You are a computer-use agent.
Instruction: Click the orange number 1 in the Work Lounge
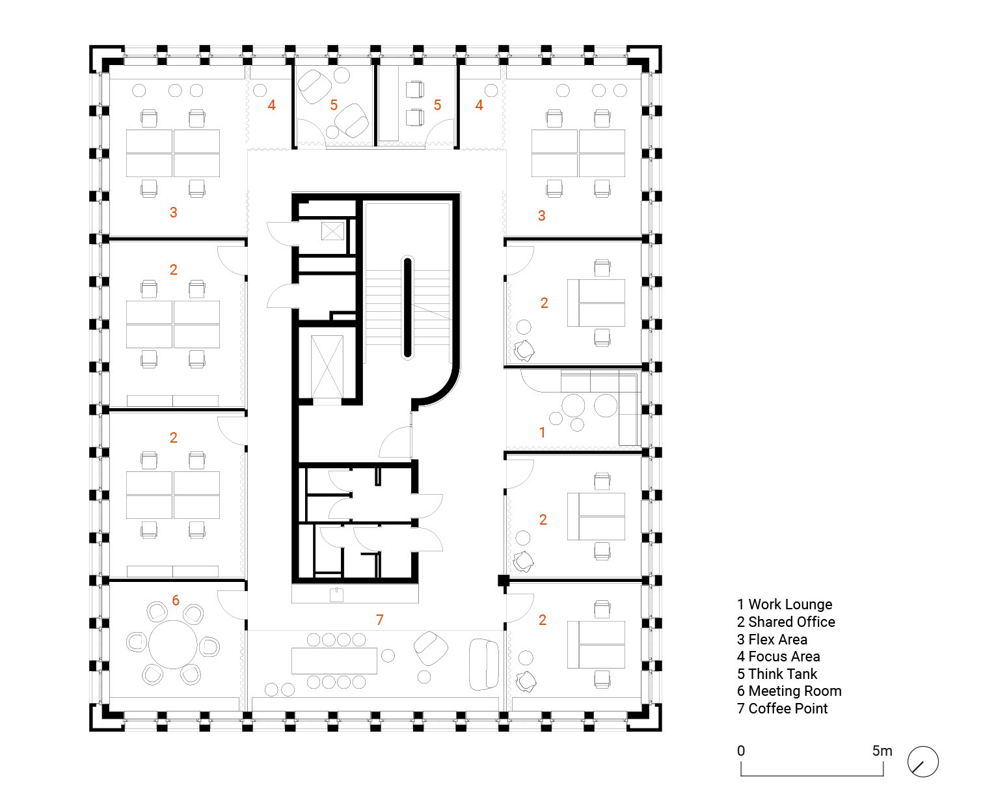542,432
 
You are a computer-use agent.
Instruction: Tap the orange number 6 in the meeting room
176,600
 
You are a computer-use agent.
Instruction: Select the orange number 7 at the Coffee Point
379,620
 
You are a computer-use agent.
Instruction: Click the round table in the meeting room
172,644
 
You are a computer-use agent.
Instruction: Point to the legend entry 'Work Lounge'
785,604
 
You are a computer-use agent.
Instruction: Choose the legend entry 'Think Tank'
777,674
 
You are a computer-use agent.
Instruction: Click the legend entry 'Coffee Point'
783,708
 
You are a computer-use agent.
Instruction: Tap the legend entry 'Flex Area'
772,639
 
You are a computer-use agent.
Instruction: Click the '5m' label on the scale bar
882,751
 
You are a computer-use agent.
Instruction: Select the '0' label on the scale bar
741,751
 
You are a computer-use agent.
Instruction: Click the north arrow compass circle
922,762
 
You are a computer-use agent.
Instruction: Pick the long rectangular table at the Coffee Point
334,661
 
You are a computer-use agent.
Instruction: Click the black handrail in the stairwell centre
407,307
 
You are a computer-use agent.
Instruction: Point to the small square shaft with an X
332,231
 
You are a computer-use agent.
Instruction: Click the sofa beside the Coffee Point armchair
484,664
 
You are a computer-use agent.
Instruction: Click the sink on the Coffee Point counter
336,594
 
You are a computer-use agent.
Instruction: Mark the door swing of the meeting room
232,605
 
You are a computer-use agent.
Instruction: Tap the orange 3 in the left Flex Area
174,212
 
